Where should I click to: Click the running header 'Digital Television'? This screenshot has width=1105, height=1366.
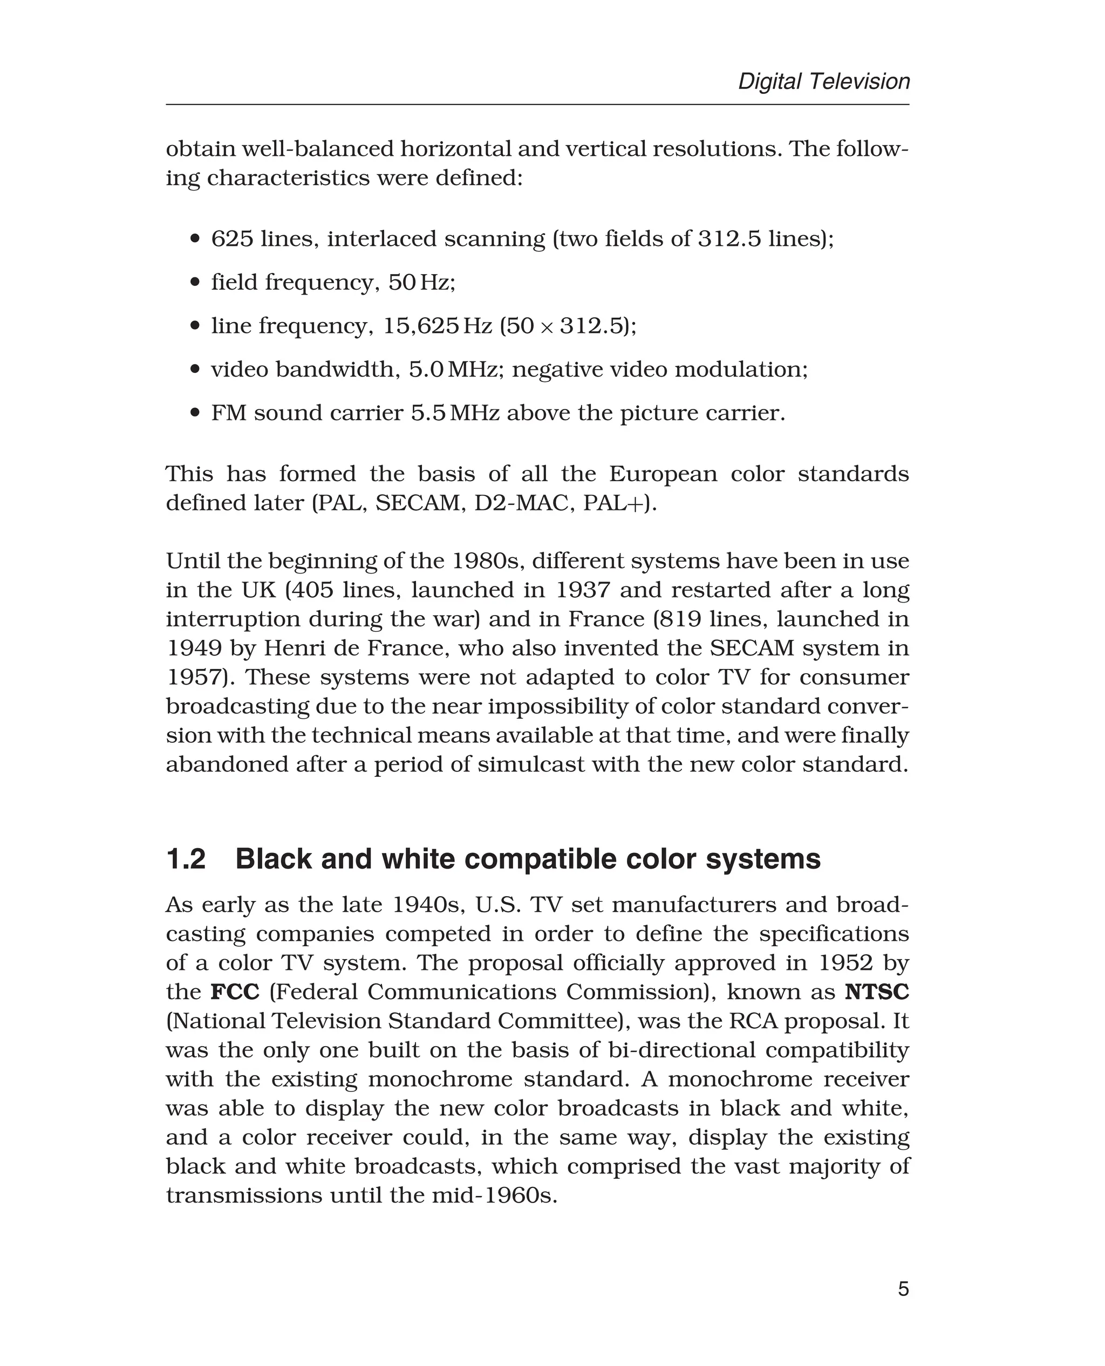[824, 81]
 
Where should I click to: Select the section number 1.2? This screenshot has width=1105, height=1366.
[186, 859]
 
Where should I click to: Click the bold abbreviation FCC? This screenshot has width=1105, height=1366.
[235, 992]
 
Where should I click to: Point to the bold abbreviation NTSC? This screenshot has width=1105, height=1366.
[877, 992]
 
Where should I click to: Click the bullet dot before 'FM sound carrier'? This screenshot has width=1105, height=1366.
[195, 413]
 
